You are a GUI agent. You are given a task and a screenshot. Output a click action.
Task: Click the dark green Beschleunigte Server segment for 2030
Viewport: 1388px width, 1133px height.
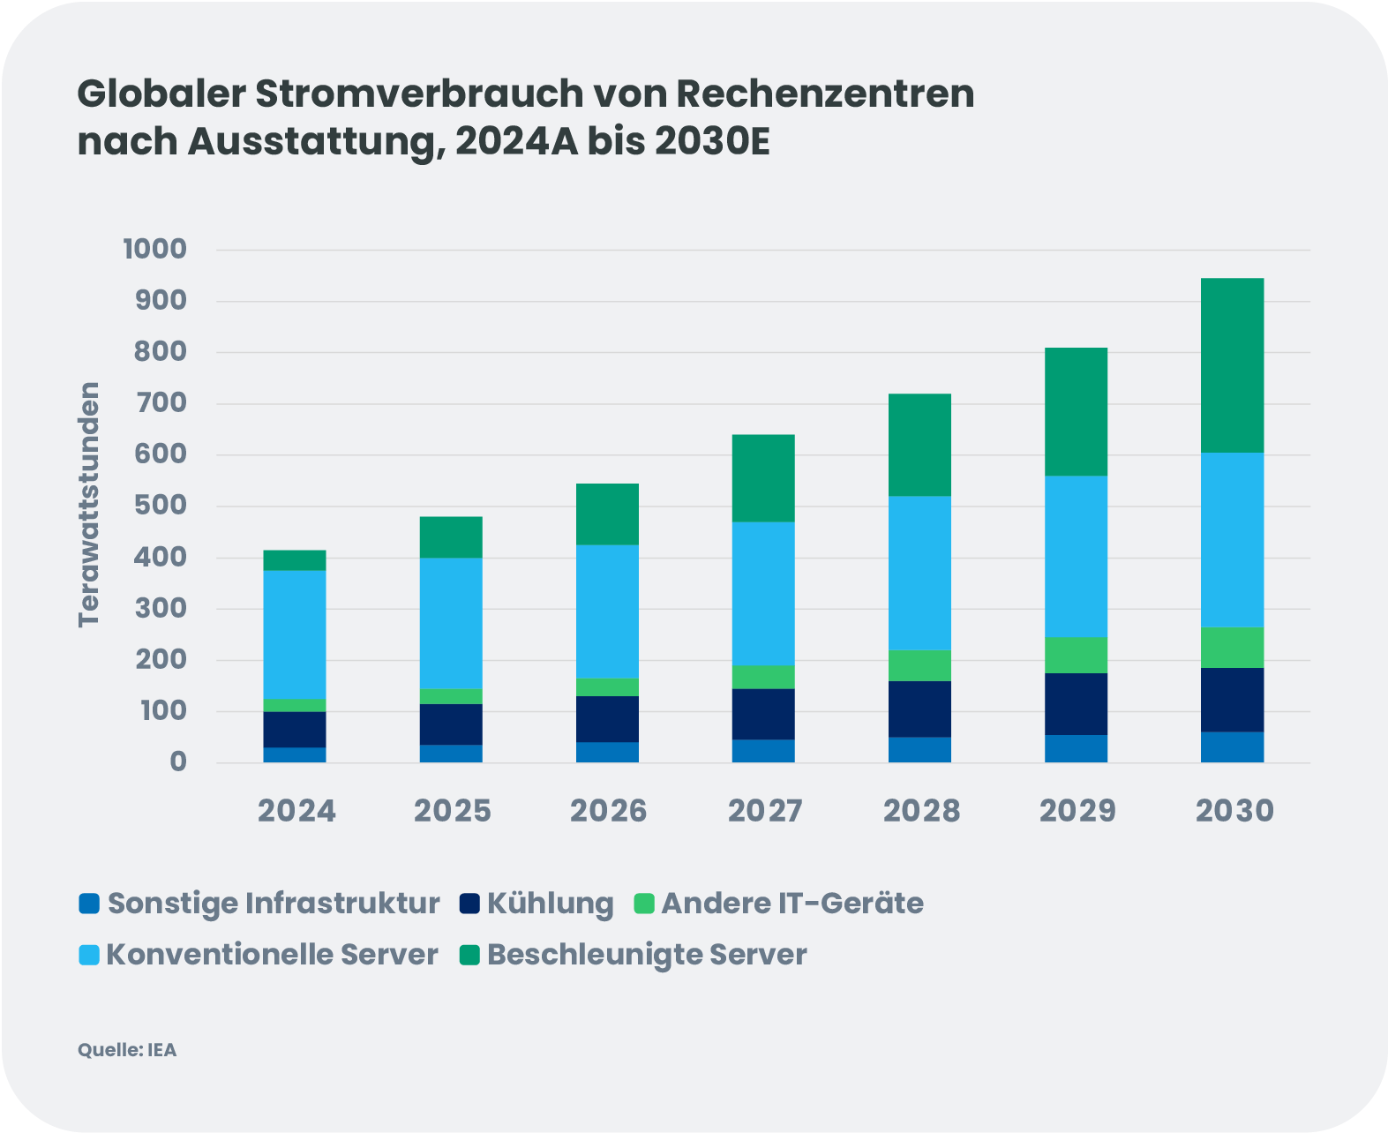tap(1232, 365)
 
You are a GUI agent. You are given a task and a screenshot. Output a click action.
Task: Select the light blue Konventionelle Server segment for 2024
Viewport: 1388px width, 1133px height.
tap(295, 634)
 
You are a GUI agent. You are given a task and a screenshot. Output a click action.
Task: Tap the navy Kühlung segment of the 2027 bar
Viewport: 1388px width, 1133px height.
tap(763, 714)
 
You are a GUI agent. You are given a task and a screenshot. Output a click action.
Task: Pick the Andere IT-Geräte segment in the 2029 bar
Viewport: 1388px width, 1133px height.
tap(1076, 655)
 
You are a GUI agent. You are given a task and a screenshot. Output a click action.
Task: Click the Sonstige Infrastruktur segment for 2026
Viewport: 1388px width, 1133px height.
tap(607, 752)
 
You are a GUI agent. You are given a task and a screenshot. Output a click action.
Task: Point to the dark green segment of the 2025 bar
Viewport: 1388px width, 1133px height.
tap(451, 536)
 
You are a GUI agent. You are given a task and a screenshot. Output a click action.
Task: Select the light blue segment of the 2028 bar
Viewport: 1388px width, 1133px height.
tap(919, 573)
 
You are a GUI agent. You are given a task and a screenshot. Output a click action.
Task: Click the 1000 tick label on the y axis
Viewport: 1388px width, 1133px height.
tap(155, 250)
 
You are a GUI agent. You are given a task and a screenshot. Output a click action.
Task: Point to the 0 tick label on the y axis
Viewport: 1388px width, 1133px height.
tap(178, 762)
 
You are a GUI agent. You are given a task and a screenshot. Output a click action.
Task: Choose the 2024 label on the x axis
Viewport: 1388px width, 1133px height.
tap(296, 811)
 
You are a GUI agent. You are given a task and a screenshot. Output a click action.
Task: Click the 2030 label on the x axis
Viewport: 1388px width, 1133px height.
tap(1234, 811)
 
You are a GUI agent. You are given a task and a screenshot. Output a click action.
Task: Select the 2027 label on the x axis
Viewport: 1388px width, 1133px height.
tap(765, 811)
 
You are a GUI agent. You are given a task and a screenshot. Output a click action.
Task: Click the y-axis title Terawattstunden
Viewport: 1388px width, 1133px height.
tap(89, 505)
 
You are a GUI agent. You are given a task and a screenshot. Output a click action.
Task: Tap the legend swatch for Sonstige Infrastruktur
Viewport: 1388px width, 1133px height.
tap(89, 904)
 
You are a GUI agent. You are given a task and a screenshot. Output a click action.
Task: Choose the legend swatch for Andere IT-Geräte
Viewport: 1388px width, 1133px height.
tap(645, 904)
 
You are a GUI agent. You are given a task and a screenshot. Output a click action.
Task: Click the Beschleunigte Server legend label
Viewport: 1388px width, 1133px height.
tap(647, 955)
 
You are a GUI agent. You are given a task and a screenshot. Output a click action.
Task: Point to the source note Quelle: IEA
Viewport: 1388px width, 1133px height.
tap(127, 1050)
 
